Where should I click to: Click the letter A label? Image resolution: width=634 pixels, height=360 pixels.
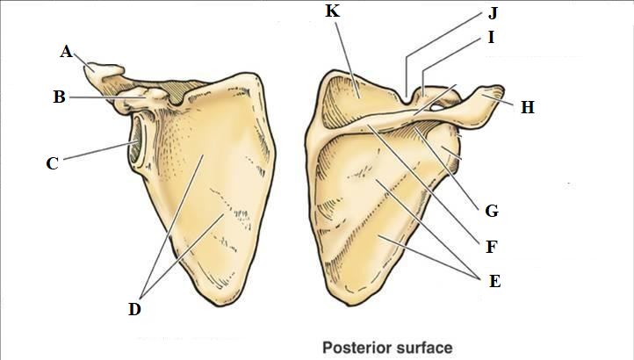(x=65, y=52)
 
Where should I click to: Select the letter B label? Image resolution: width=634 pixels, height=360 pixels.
(x=59, y=97)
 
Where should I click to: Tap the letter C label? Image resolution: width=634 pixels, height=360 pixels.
(x=52, y=162)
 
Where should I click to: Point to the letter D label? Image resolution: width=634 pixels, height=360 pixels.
(x=134, y=309)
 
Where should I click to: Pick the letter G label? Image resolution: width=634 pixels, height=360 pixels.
(x=491, y=211)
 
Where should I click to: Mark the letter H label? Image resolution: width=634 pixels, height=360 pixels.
(x=527, y=107)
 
